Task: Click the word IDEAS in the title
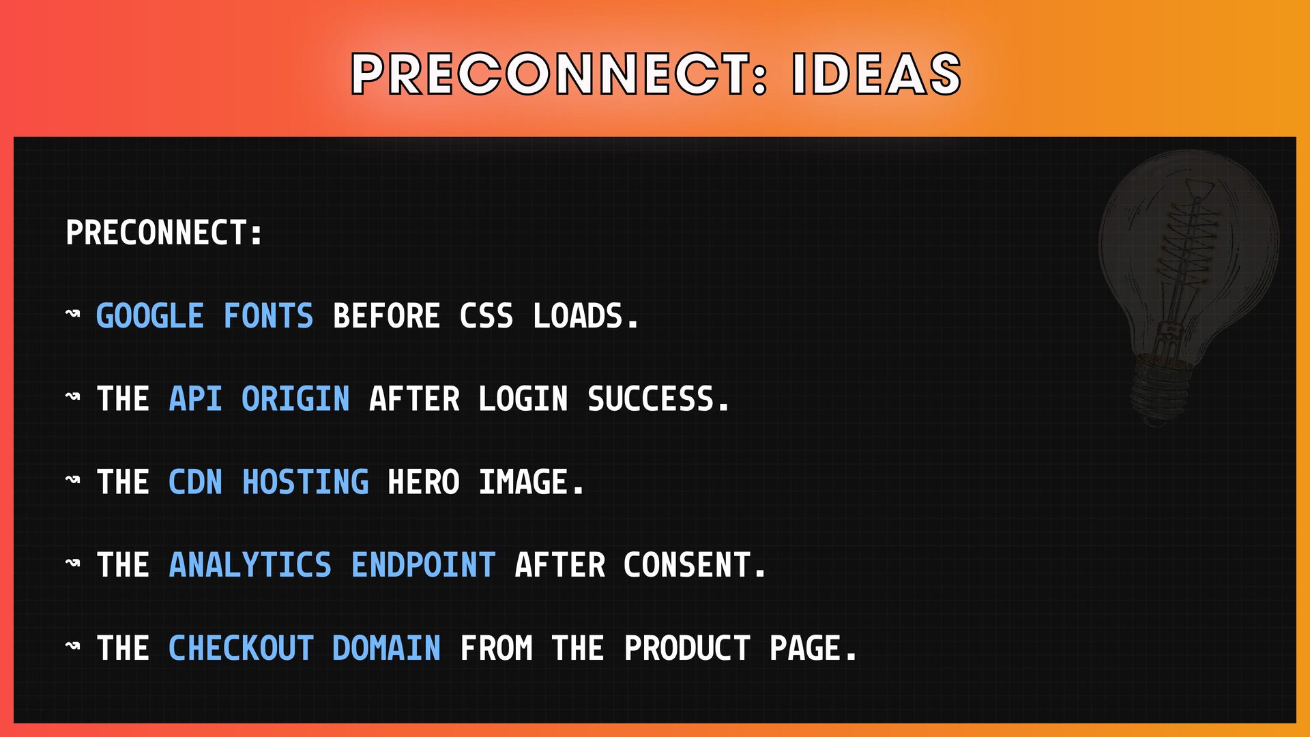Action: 877,73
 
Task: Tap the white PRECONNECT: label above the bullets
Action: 164,233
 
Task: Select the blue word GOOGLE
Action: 150,316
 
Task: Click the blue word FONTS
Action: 269,316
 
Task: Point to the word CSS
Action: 486,316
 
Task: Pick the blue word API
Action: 195,399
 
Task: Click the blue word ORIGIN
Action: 296,399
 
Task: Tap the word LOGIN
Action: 523,399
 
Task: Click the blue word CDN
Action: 195,482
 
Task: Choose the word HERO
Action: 424,482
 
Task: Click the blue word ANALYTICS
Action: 250,566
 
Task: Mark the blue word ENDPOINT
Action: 424,566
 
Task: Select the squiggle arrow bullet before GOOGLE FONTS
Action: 73,314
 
